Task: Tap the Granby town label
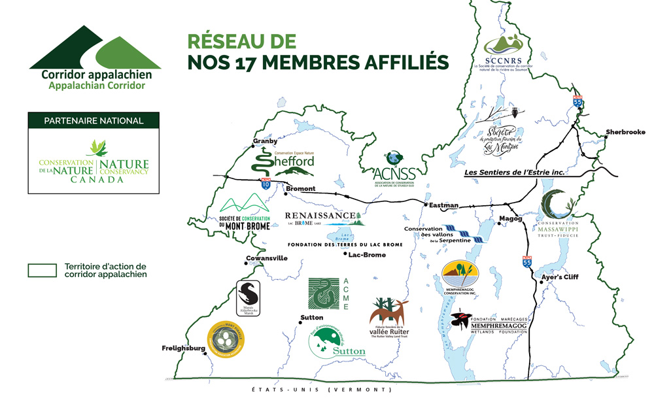click(265, 141)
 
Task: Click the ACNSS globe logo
click(392, 158)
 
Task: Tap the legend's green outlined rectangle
click(43, 270)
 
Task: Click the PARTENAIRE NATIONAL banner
click(94, 120)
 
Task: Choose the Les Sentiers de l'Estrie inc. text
click(513, 173)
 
